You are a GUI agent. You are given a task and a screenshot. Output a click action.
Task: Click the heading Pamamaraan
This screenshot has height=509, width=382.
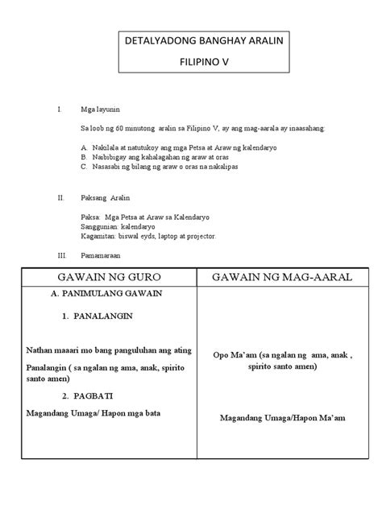(105, 256)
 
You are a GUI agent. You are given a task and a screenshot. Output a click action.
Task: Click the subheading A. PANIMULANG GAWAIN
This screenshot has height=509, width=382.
(111, 294)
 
